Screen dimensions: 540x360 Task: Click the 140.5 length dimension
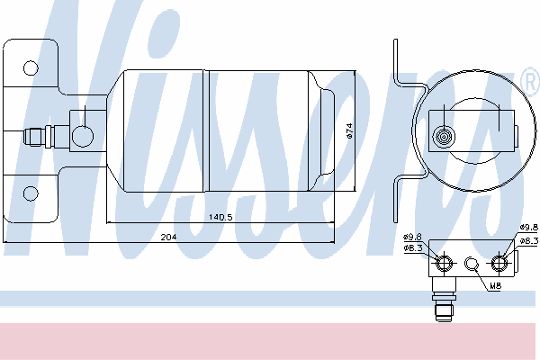(220, 217)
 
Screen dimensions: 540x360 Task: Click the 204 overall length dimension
(169, 237)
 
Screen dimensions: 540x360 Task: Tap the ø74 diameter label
(349, 130)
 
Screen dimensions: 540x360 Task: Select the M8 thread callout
(495, 285)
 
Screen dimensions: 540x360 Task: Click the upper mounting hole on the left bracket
(31, 68)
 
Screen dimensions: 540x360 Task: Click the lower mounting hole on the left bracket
(31, 193)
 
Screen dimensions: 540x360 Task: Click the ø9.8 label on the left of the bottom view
(412, 237)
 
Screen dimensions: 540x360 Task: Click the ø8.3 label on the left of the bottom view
(412, 247)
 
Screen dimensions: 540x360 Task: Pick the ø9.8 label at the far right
(529, 227)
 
